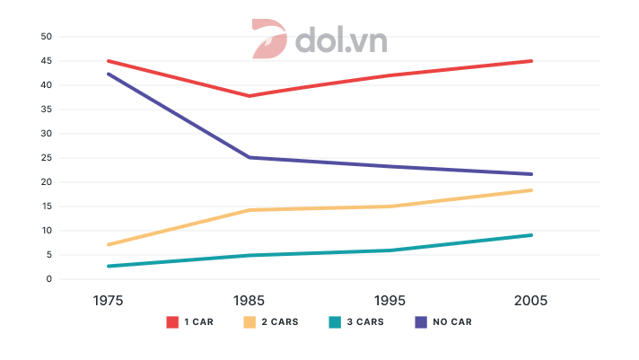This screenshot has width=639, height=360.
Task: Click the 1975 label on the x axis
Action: tap(107, 301)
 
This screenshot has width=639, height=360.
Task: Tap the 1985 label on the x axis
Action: tap(249, 301)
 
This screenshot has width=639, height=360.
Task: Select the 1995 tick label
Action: tap(390, 301)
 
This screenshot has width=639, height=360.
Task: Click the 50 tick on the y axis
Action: tap(47, 37)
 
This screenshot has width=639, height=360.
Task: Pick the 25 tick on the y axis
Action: tap(47, 158)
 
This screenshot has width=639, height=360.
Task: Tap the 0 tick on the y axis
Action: tap(49, 279)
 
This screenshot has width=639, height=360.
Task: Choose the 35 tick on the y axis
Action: tap(47, 110)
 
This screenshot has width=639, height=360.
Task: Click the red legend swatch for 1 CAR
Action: tap(172, 321)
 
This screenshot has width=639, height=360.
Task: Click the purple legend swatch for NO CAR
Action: tap(420, 321)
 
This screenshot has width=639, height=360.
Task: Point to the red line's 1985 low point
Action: tap(249, 96)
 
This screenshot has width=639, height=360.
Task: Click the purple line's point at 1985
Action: tap(249, 157)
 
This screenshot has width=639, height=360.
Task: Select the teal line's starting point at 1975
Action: tap(108, 266)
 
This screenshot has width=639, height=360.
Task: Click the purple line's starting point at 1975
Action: tap(108, 74)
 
